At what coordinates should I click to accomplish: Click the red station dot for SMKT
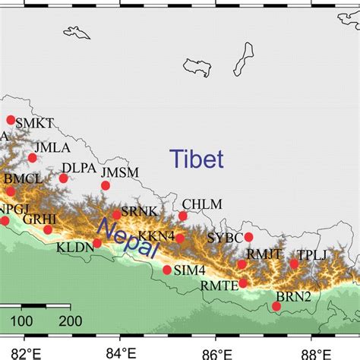tap(11, 120)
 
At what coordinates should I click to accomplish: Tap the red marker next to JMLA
tap(33, 158)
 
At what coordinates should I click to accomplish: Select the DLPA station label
tap(79, 168)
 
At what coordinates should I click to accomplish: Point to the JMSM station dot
tap(106, 185)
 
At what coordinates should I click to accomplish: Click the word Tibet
tap(197, 159)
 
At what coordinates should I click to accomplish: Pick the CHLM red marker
tap(183, 216)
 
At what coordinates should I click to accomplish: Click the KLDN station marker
tap(97, 244)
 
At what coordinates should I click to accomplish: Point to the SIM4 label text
tap(190, 270)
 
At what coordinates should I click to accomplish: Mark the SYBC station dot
tap(248, 237)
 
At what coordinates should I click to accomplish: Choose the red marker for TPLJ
tap(294, 264)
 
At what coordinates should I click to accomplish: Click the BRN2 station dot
tap(276, 306)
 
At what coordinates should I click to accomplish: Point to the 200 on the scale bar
tap(70, 321)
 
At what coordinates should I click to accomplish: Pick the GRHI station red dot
tap(48, 229)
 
